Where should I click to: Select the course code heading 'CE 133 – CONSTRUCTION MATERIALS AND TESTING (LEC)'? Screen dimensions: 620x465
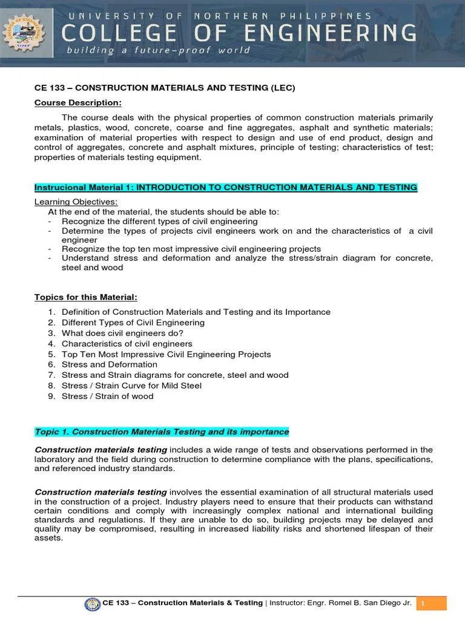click(x=165, y=88)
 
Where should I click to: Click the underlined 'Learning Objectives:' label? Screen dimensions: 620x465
click(x=76, y=202)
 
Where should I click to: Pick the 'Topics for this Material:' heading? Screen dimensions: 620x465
click(x=86, y=297)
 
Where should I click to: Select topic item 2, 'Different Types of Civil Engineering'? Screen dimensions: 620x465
click(x=133, y=323)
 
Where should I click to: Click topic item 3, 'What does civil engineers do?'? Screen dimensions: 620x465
click(x=122, y=333)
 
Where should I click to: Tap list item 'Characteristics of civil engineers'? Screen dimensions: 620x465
click(x=127, y=344)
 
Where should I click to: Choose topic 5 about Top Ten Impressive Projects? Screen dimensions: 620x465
click(x=166, y=354)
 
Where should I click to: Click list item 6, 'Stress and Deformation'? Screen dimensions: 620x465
click(x=109, y=364)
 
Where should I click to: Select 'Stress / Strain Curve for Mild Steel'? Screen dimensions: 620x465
click(x=131, y=386)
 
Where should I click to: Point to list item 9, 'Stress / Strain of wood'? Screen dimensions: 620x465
click(x=107, y=396)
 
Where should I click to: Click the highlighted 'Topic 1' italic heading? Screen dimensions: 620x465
click(x=162, y=432)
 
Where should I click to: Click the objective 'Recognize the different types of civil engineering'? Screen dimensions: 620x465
click(x=159, y=221)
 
